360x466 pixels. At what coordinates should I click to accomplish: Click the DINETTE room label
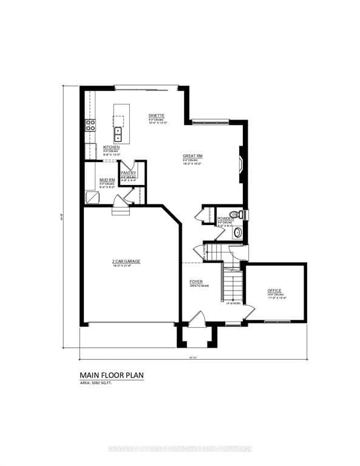(x=157, y=115)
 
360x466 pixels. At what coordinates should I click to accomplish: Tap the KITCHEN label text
(x=111, y=147)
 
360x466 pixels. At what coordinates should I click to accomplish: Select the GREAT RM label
(x=192, y=156)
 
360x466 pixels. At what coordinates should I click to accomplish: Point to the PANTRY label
(x=128, y=173)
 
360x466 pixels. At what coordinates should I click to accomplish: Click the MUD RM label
(x=107, y=180)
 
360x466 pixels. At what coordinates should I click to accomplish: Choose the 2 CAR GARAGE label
(x=126, y=262)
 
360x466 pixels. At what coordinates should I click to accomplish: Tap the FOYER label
(x=195, y=282)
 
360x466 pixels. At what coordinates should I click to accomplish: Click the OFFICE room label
(x=274, y=291)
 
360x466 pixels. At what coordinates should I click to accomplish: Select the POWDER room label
(x=225, y=218)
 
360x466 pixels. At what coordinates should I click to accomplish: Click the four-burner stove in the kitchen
(x=90, y=126)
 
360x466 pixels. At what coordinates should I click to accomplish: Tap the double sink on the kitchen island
(x=118, y=134)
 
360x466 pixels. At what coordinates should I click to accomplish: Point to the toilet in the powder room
(x=241, y=214)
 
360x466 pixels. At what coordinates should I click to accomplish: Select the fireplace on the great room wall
(x=242, y=164)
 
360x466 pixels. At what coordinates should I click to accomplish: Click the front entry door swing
(x=195, y=319)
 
